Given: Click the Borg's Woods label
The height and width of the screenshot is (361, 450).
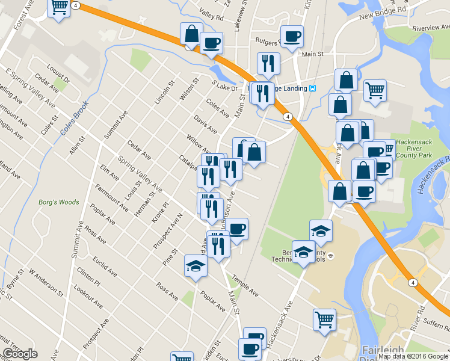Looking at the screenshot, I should [x=58, y=202].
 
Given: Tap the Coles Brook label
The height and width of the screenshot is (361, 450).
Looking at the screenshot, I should [x=74, y=118].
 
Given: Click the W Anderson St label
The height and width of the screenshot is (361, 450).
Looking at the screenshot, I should [x=45, y=282].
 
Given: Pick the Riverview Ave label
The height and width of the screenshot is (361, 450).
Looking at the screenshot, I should [x=431, y=28].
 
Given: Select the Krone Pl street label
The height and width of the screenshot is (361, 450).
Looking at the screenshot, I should [x=161, y=212].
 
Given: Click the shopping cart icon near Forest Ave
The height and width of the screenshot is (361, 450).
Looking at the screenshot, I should [x=59, y=8].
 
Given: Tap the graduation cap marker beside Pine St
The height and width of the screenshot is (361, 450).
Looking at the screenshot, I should [x=196, y=265].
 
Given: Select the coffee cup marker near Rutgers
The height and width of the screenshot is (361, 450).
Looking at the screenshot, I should [x=292, y=37].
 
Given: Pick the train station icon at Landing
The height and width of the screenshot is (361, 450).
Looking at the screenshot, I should [x=313, y=88].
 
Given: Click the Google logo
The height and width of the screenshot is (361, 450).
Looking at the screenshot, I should [x=20, y=354].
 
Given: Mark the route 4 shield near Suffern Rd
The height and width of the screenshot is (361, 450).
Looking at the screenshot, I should [x=411, y=282].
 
